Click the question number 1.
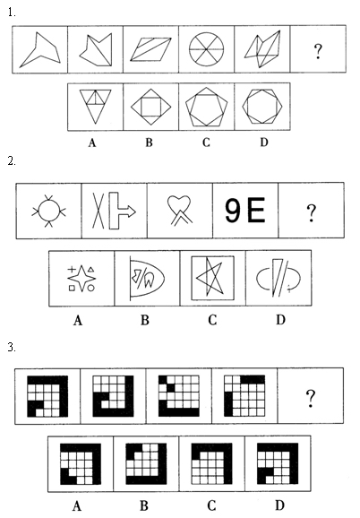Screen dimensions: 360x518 point(12,13)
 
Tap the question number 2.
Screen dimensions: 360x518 point(12,161)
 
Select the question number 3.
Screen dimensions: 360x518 point(12,347)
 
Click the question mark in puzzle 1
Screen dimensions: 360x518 point(318,51)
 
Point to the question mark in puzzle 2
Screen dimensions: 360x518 point(311,212)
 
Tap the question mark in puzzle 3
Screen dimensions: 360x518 point(310,398)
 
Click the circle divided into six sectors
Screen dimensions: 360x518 point(206,49)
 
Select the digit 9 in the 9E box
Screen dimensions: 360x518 point(233,210)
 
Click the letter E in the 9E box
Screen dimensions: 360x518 point(256,210)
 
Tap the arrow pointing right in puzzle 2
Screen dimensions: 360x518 point(123,211)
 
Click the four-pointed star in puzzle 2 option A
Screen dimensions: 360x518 point(81,278)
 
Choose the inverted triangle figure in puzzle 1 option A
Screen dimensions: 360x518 point(95,107)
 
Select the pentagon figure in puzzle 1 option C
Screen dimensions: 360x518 point(207,107)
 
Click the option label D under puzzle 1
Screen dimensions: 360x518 point(263,142)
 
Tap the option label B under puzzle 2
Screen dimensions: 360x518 point(145,320)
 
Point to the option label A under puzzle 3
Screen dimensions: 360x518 point(77,505)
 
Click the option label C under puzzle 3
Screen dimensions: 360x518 point(211,505)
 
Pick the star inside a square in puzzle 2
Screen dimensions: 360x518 point(213,278)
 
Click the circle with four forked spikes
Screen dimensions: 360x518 point(49,212)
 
